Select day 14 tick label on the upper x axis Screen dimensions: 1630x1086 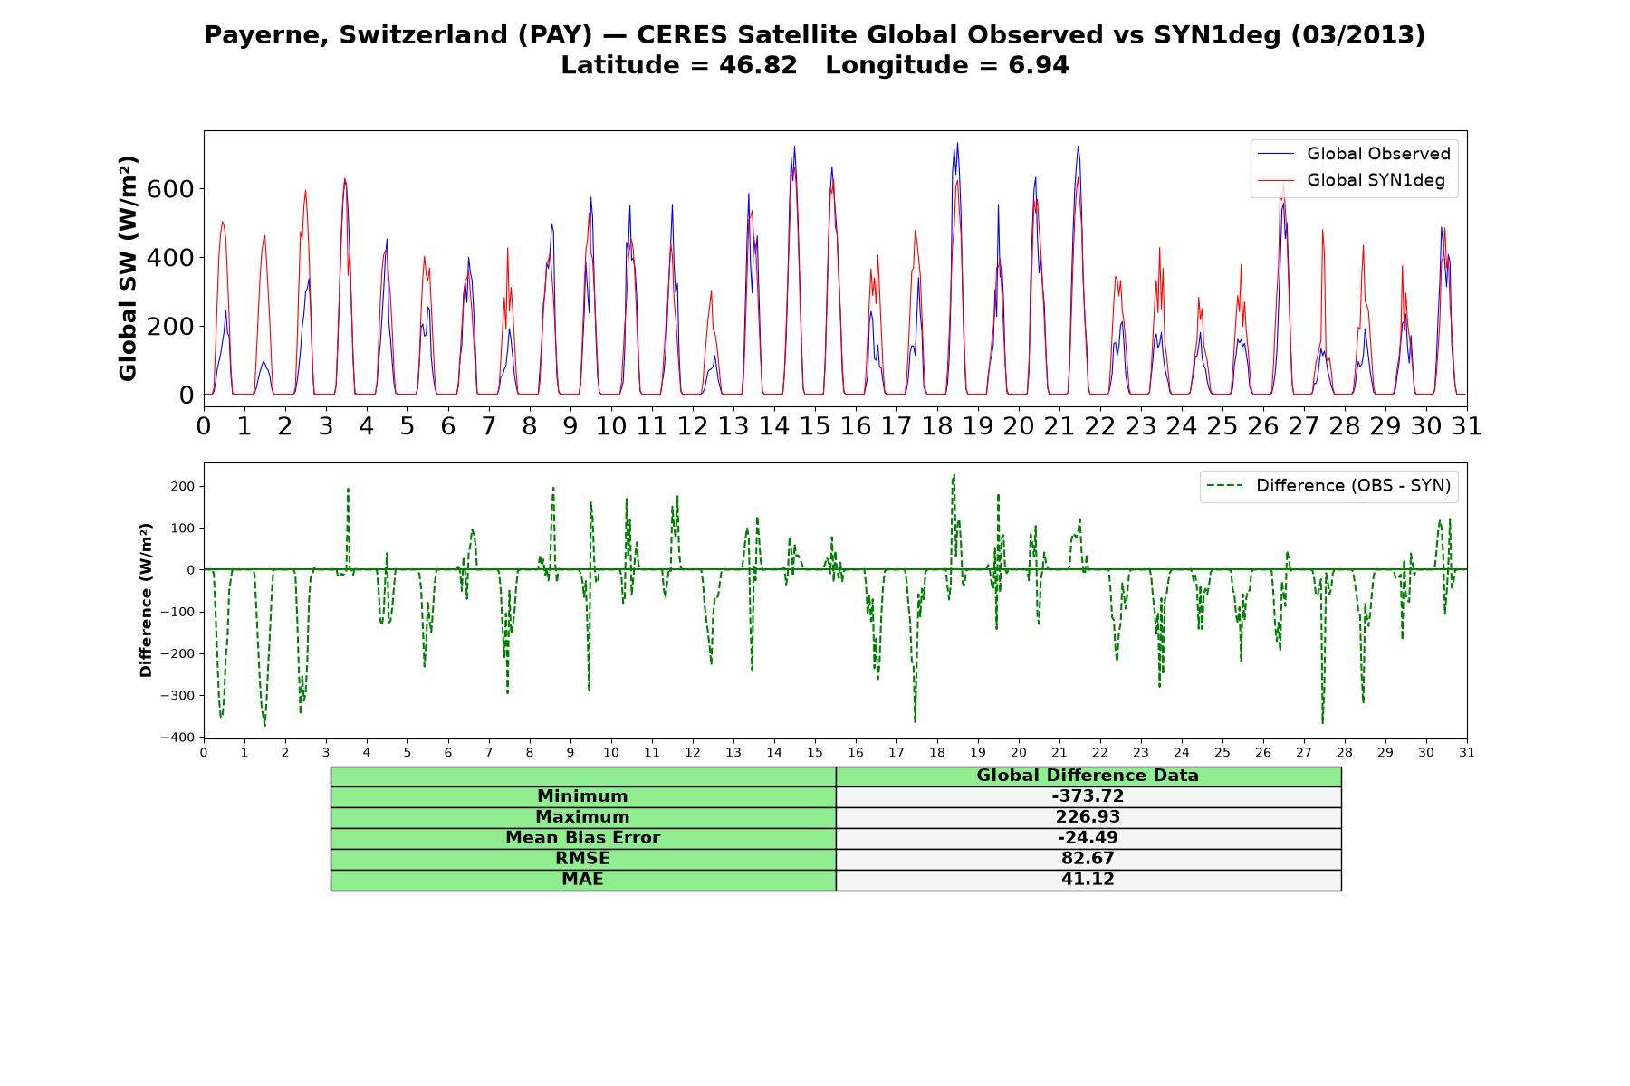[774, 425]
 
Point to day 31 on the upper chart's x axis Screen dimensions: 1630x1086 [1466, 425]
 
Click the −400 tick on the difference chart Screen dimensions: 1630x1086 [177, 738]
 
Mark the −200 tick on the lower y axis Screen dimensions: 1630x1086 [177, 653]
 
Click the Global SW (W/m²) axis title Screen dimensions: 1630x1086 [128, 268]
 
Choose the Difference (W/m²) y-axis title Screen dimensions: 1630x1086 [146, 600]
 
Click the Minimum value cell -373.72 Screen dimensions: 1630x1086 [1088, 796]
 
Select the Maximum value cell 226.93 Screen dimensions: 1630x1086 [1088, 817]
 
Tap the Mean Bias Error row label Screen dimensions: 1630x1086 [583, 838]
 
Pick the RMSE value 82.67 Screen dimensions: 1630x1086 [1088, 859]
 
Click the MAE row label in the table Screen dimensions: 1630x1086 [583, 880]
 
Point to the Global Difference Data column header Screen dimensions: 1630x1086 [1088, 776]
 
